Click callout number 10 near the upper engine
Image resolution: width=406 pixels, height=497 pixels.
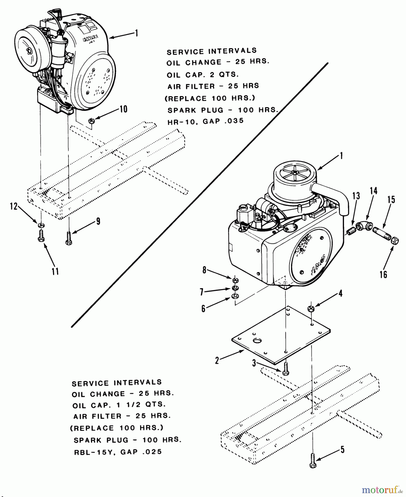(x=123, y=109)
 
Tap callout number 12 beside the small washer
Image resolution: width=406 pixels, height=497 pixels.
(x=14, y=207)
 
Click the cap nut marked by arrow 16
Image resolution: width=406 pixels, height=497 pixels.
(x=395, y=241)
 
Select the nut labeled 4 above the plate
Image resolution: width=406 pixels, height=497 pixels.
(x=311, y=309)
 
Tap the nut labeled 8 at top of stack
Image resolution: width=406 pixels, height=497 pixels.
(x=236, y=281)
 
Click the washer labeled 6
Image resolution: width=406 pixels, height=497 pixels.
(x=236, y=297)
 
